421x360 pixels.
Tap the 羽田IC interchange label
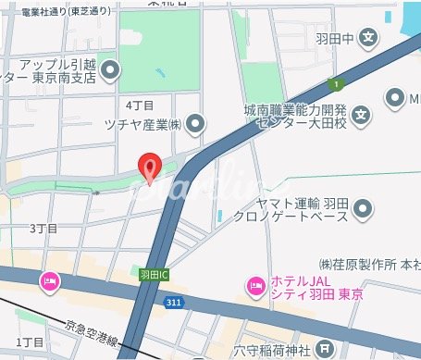pos(154,275)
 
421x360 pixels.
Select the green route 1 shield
pos(340,85)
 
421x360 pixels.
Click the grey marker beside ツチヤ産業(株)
pos(195,122)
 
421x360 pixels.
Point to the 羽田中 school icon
pos(369,39)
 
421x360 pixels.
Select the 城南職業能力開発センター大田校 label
pos(295,117)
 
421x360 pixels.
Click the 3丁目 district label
pos(43,228)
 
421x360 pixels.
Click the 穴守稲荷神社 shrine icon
pos(325,349)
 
